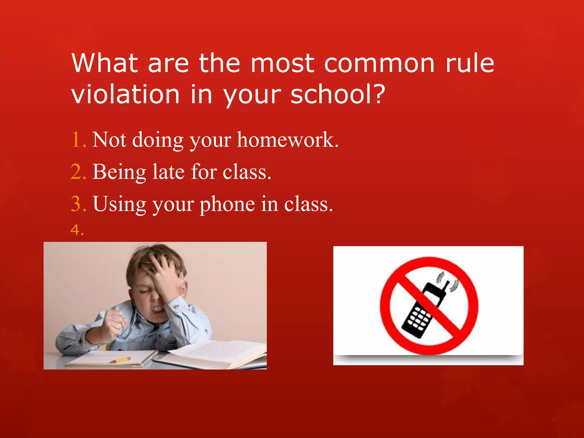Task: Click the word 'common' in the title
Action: tap(379, 63)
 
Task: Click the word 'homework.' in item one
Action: tap(288, 140)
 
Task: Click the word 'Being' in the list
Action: tap(119, 173)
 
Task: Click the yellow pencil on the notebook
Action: tap(120, 360)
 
